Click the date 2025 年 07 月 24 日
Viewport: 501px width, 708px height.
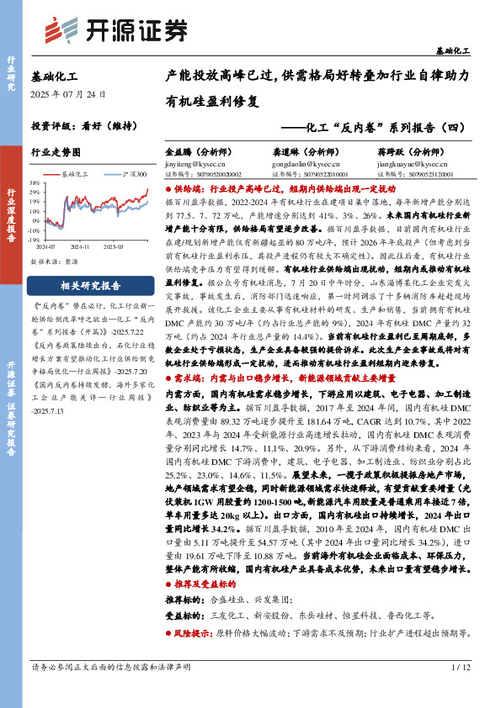pyautogui.click(x=68, y=94)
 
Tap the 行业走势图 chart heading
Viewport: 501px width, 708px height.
pyautogui.click(x=56, y=152)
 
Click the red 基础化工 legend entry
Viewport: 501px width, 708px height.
pyautogui.click(x=77, y=173)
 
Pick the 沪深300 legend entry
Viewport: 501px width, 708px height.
pyautogui.click(x=130, y=173)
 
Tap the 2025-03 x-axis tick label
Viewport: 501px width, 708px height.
pyautogui.click(x=113, y=247)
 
